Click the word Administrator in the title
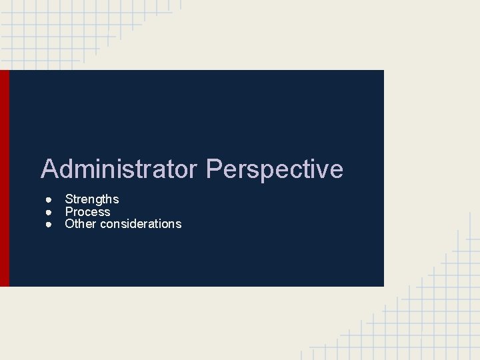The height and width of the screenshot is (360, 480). click(119, 169)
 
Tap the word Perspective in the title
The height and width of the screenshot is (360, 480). click(275, 169)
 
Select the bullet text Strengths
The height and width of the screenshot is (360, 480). click(91, 199)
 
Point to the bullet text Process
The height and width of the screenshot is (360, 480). click(87, 212)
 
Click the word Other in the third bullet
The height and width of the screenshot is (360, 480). click(80, 224)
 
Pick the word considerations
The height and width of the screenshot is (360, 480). click(140, 224)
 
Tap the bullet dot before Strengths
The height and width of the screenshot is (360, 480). click(49, 199)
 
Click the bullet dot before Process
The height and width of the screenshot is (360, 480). click(49, 212)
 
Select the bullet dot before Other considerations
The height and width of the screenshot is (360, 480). click(49, 224)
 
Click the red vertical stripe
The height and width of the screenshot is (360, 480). click(5, 178)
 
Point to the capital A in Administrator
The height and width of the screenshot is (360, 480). click(49, 169)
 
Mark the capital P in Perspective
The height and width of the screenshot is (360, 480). click(215, 169)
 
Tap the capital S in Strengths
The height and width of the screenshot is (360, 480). click(69, 199)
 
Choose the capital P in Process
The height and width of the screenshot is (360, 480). click(69, 212)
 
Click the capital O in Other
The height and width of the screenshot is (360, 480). click(69, 224)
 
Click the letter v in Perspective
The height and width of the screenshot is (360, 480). click(322, 171)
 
